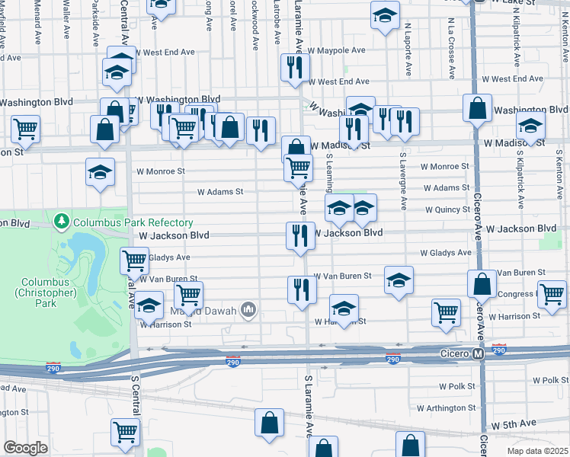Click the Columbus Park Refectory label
click(133, 222)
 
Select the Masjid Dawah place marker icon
click(248, 309)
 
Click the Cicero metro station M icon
click(478, 353)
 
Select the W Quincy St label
click(447, 209)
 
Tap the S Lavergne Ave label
click(402, 181)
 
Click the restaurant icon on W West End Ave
click(293, 68)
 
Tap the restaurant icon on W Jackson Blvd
click(300, 235)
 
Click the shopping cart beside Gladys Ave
click(134, 260)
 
